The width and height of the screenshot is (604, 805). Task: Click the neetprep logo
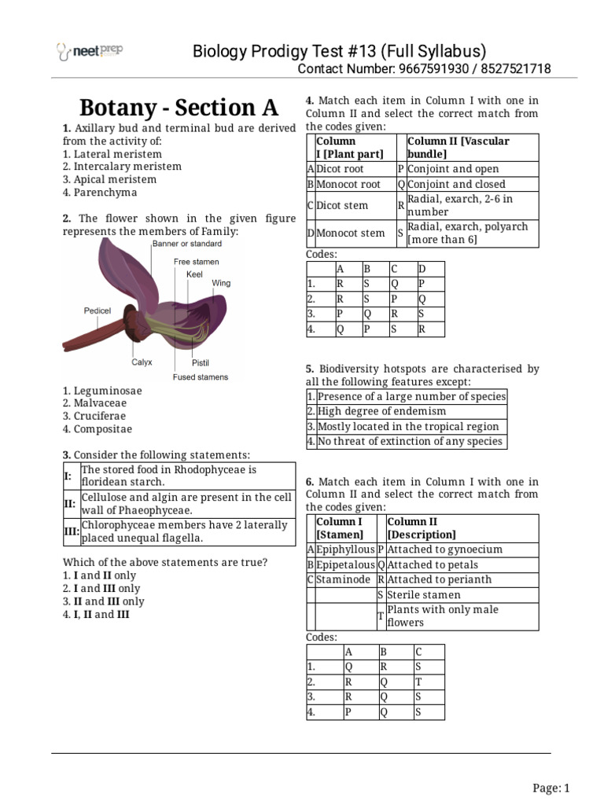point(89,51)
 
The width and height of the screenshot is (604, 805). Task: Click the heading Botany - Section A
point(168,107)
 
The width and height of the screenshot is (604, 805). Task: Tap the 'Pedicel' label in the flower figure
point(97,311)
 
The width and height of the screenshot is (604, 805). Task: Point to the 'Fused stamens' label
point(201,377)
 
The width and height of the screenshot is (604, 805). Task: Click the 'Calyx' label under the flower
point(142,362)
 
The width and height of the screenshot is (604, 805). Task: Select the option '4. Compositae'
point(98,429)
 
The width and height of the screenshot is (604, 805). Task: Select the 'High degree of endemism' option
point(381,411)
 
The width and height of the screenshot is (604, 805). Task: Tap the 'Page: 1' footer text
point(551,788)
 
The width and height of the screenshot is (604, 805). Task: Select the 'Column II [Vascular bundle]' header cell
point(459,147)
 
